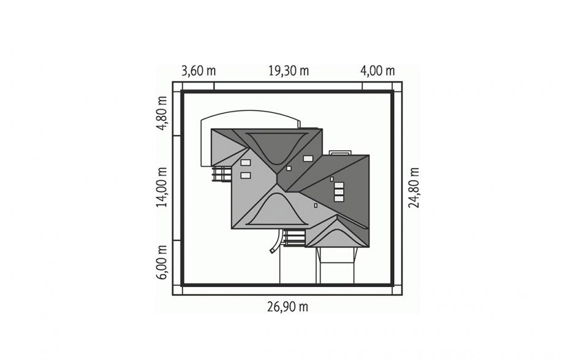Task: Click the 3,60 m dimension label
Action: [199, 71]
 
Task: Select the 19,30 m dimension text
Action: [289, 71]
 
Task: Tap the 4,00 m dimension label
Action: [377, 71]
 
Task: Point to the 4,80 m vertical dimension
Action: [162, 113]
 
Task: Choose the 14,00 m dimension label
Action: [162, 187]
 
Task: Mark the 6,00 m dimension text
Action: [162, 262]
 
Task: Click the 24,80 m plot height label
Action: [414, 188]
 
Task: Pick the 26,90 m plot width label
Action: [287, 306]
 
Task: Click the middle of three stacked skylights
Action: [339, 191]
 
